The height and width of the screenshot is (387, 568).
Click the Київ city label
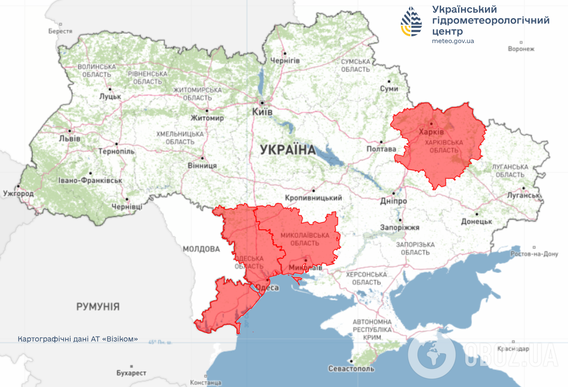pos(262,112)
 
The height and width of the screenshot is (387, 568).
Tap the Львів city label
pos(70,139)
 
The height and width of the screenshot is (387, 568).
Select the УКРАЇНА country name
pos(288,150)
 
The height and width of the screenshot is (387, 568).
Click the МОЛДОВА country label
pos(201,249)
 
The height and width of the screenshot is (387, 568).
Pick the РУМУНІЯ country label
pos(98,306)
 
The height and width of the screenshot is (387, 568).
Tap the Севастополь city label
pos(351,369)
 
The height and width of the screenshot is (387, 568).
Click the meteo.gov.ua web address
pos(452,41)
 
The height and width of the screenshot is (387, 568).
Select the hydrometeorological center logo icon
pos(411,22)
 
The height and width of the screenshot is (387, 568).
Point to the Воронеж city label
pos(521,49)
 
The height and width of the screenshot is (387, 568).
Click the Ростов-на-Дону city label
pos(534,254)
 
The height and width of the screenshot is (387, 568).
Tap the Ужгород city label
pos(18,193)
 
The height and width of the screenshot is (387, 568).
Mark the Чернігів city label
pos(285,61)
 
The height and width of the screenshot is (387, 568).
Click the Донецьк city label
pos(476,222)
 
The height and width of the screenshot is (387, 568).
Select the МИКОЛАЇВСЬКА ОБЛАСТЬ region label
pos(305,239)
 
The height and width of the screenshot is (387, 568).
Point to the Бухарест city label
pos(132,372)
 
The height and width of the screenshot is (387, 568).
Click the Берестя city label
pos(60,31)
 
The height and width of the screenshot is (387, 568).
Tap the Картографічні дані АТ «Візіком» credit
pos(78,339)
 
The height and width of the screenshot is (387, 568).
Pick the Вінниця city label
pos(203,165)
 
